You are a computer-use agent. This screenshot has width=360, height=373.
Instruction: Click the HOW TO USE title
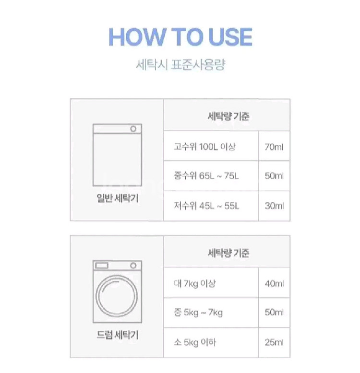[180, 37]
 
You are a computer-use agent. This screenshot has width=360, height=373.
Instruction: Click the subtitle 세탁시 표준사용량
[180, 64]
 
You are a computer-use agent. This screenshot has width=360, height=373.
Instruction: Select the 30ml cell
[274, 206]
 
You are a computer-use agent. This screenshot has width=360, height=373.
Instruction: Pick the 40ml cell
[274, 283]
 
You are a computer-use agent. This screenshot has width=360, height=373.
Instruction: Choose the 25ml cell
[274, 342]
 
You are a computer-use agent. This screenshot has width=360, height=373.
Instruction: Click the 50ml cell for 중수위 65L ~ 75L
[274, 176]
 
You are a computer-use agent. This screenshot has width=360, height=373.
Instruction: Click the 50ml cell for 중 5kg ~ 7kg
[274, 312]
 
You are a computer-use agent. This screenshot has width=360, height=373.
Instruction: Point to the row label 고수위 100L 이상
[204, 147]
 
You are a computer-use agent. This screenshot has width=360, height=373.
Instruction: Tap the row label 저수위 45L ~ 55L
[206, 206]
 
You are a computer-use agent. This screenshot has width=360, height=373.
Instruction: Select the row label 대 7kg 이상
[195, 283]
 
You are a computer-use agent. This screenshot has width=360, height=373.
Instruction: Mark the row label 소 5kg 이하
[195, 342]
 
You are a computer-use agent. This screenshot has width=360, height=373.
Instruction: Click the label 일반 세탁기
[118, 198]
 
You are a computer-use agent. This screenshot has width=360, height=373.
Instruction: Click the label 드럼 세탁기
[118, 335]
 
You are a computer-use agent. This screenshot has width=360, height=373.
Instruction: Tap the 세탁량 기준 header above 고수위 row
[228, 117]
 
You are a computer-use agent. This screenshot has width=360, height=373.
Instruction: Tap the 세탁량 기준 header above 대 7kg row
[228, 253]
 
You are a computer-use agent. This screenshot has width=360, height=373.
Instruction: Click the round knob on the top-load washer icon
[133, 129]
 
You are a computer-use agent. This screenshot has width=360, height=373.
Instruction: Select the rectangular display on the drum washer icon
[102, 266]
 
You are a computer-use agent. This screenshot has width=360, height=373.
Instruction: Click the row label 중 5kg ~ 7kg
[198, 312]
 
